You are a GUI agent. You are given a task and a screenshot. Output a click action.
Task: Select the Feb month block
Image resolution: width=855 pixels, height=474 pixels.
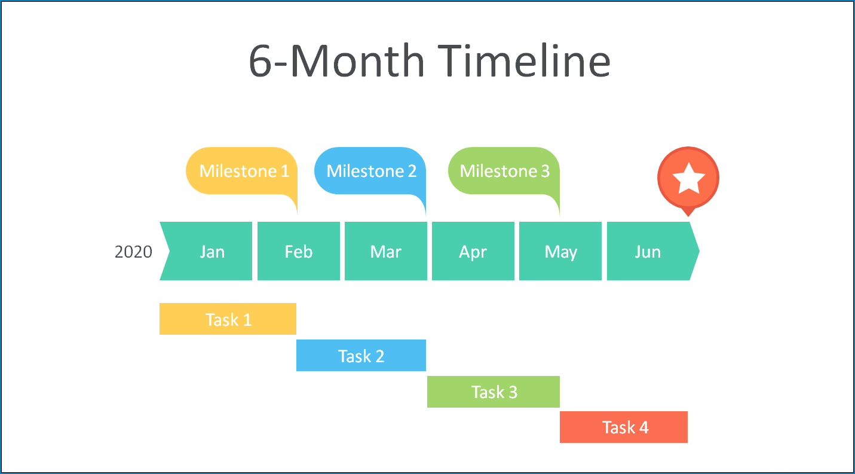click(299, 251)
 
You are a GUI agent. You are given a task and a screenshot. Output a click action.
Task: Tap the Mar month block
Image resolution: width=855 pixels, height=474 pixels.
click(386, 251)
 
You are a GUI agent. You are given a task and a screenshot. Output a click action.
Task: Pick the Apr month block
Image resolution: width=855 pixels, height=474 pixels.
click(473, 251)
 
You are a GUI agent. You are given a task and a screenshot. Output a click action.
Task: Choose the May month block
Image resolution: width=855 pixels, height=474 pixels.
click(560, 251)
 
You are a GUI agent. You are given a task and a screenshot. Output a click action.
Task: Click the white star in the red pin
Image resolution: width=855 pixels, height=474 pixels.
click(688, 178)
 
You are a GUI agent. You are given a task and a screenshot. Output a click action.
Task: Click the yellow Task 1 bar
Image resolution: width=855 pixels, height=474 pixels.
click(228, 319)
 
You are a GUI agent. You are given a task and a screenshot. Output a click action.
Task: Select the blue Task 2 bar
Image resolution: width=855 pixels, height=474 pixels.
click(361, 355)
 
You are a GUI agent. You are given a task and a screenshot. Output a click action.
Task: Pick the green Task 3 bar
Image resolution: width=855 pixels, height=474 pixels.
click(494, 392)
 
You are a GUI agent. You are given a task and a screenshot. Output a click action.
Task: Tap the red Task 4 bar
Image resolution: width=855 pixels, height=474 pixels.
click(624, 427)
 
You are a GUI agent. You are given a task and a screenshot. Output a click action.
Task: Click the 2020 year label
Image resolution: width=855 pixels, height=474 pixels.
click(133, 252)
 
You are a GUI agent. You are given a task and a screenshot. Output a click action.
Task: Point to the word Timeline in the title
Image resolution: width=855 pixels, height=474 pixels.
click(523, 61)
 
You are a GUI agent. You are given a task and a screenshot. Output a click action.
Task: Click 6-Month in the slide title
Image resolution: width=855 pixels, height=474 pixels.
click(336, 61)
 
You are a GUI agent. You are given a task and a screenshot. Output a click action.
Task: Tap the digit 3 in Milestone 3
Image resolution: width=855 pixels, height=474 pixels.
click(545, 171)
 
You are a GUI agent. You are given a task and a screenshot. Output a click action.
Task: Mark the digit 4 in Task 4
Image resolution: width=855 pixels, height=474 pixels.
click(644, 427)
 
